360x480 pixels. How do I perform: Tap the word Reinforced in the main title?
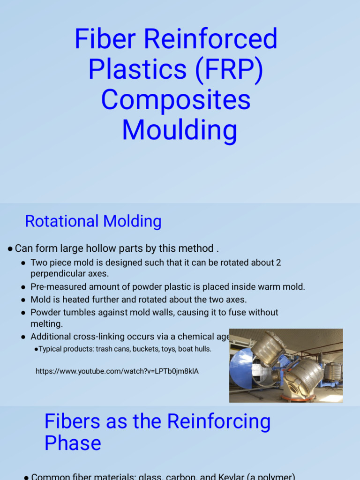click(x=210, y=39)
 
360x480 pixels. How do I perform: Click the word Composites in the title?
click(x=176, y=100)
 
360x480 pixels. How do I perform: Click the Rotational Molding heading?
click(x=93, y=221)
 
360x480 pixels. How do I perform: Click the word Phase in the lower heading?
click(x=73, y=443)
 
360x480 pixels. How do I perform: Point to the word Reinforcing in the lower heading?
click(x=219, y=421)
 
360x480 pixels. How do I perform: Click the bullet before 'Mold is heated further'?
click(x=23, y=300)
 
